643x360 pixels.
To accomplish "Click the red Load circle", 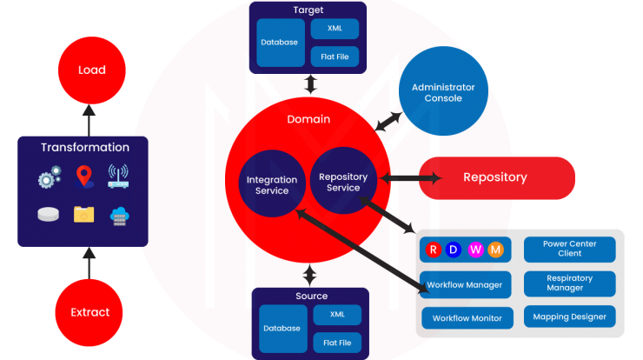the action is pos(92,70).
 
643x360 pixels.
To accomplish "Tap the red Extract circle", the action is pos(89,312).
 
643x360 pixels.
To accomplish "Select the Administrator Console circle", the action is pos(443,90).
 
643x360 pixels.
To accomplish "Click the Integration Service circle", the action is pos(272,183).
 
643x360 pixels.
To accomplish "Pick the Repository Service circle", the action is pos(343,181).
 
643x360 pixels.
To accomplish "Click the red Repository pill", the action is pos(497,177).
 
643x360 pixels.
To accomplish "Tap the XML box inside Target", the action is pos(335,29).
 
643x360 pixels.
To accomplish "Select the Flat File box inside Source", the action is pos(337,343).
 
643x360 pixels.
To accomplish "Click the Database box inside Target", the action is pos(281,43).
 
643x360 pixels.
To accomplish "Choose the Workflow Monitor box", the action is pos(467,318).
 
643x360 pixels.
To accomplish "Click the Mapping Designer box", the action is pos(570,317).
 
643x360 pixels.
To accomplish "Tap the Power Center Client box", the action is pos(570,249).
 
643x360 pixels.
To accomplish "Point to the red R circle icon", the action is pos(433,250).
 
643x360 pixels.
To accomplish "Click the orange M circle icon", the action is pos(495,250).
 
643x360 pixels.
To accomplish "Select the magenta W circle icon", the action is pos(475,250).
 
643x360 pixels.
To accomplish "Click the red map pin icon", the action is pos(84,177).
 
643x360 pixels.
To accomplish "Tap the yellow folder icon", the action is pos(84,214).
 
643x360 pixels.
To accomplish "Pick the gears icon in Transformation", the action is pos(50,177).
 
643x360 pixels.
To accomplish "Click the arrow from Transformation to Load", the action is pos(89,120).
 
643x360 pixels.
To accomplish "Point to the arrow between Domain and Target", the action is pos(310,84).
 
